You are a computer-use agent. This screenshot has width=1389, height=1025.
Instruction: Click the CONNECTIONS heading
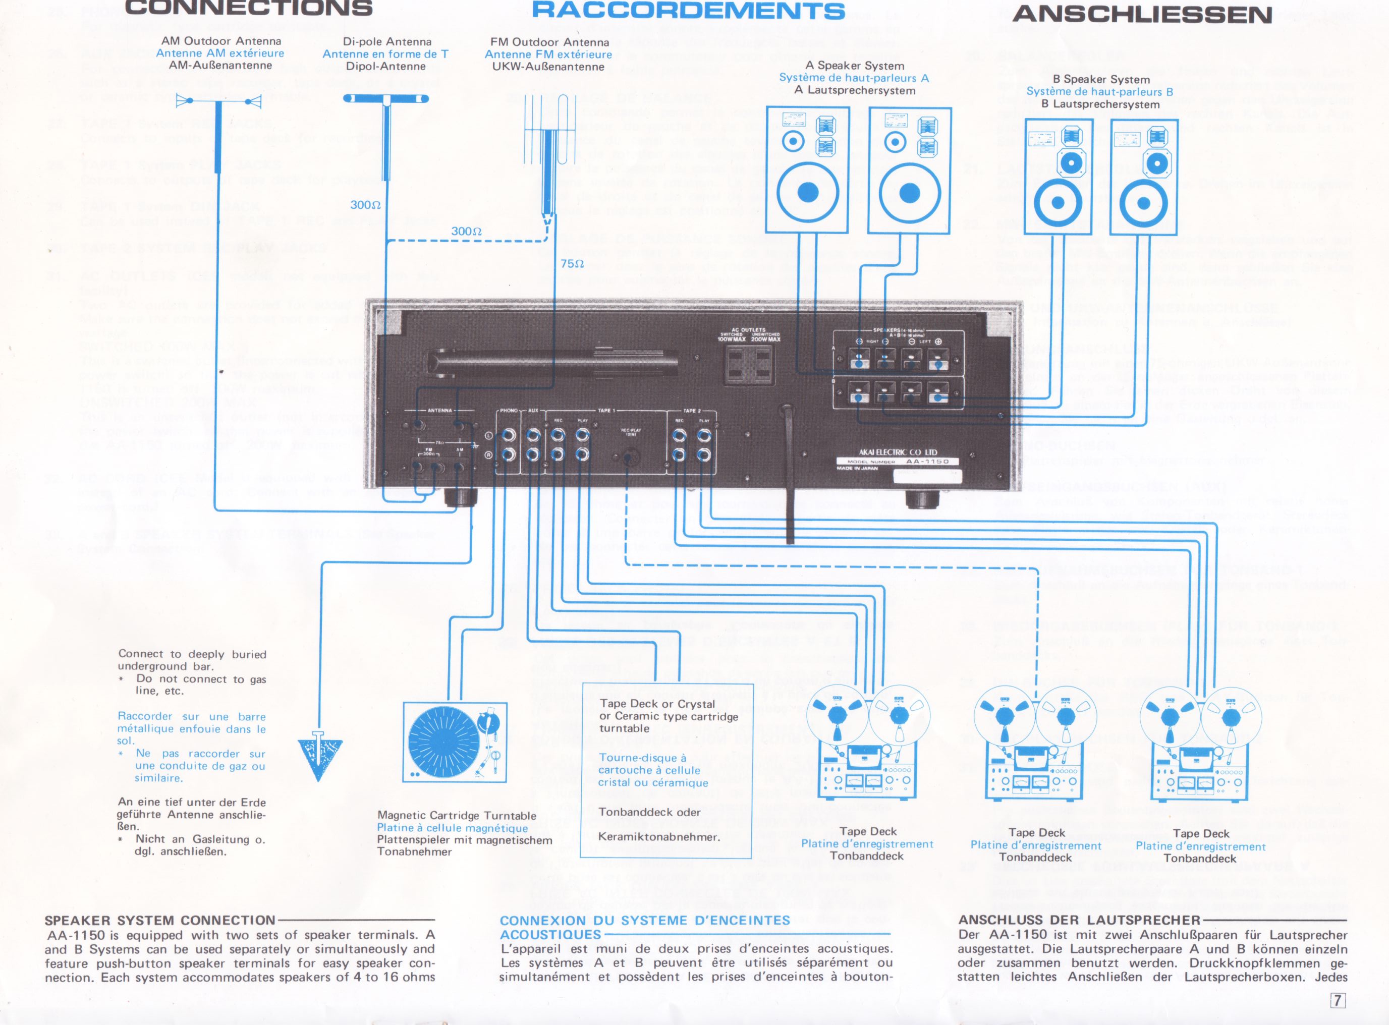tap(248, 8)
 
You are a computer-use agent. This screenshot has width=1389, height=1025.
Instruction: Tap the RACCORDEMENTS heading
tap(688, 11)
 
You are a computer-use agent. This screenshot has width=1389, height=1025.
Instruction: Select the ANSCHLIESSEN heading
tap(1142, 14)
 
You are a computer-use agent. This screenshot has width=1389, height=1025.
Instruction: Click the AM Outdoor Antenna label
tap(221, 41)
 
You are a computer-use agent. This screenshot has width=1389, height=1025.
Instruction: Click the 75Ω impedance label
tap(572, 264)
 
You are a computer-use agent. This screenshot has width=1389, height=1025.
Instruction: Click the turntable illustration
tap(455, 742)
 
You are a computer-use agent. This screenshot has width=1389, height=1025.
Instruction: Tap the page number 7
tap(1337, 1000)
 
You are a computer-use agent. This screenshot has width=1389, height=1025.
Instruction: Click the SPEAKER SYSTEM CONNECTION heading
tap(160, 920)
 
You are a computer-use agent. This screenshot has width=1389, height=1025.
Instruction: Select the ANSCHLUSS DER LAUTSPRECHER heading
tap(1079, 920)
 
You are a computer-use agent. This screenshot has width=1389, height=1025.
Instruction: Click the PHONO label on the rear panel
tap(508, 411)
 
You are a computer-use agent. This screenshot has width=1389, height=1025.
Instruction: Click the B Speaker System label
tap(1101, 79)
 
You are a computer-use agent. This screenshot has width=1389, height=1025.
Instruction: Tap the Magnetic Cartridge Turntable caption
tap(457, 815)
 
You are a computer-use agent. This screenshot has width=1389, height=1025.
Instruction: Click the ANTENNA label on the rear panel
tap(439, 411)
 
